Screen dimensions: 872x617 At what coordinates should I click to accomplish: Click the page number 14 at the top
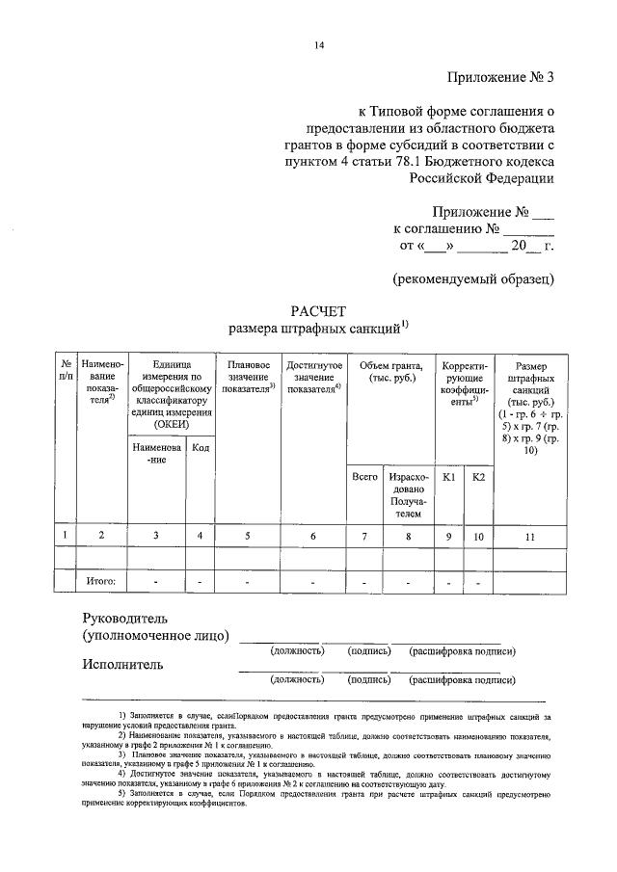(319, 45)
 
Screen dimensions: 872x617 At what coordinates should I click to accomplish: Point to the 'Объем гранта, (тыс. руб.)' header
(391, 371)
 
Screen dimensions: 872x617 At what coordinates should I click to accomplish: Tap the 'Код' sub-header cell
(201, 446)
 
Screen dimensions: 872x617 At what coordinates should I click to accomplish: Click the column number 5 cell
(248, 536)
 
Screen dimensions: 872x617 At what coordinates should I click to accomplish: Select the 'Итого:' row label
(101, 582)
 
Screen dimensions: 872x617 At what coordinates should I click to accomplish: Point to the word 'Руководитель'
(125, 617)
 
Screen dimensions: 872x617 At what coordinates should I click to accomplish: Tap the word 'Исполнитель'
(122, 663)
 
